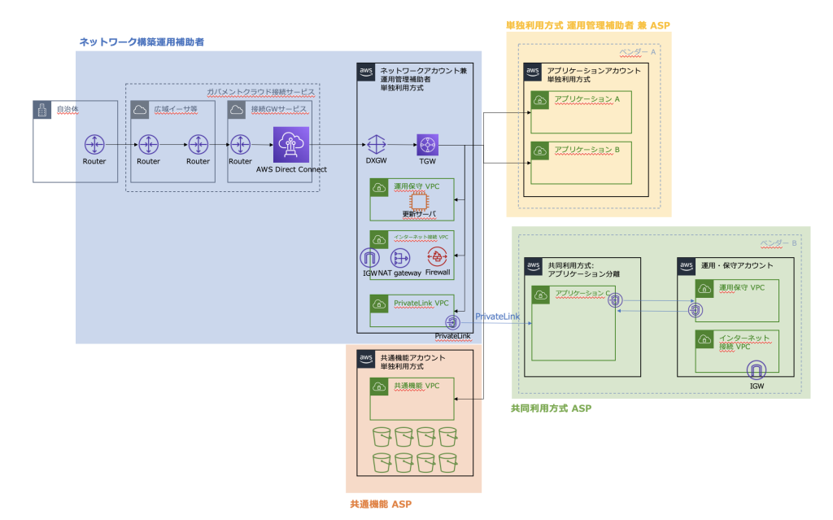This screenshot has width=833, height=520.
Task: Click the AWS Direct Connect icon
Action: tap(291, 145)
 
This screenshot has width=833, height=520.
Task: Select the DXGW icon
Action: tap(375, 145)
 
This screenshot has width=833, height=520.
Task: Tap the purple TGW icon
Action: tap(428, 145)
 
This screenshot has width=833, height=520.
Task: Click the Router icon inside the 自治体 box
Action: tap(94, 145)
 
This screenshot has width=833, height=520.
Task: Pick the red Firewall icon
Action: tap(438, 258)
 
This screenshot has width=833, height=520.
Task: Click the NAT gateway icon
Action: tap(399, 258)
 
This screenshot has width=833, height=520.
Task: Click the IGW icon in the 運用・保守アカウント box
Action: tap(757, 370)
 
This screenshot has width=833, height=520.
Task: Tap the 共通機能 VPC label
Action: tap(416, 386)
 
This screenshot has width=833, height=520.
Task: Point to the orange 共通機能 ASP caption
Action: tap(380, 505)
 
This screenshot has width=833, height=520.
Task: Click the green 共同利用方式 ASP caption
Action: tap(550, 408)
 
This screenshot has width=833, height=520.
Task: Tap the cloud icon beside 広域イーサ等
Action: tap(140, 110)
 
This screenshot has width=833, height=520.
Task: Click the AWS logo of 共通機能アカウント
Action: tap(366, 357)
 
